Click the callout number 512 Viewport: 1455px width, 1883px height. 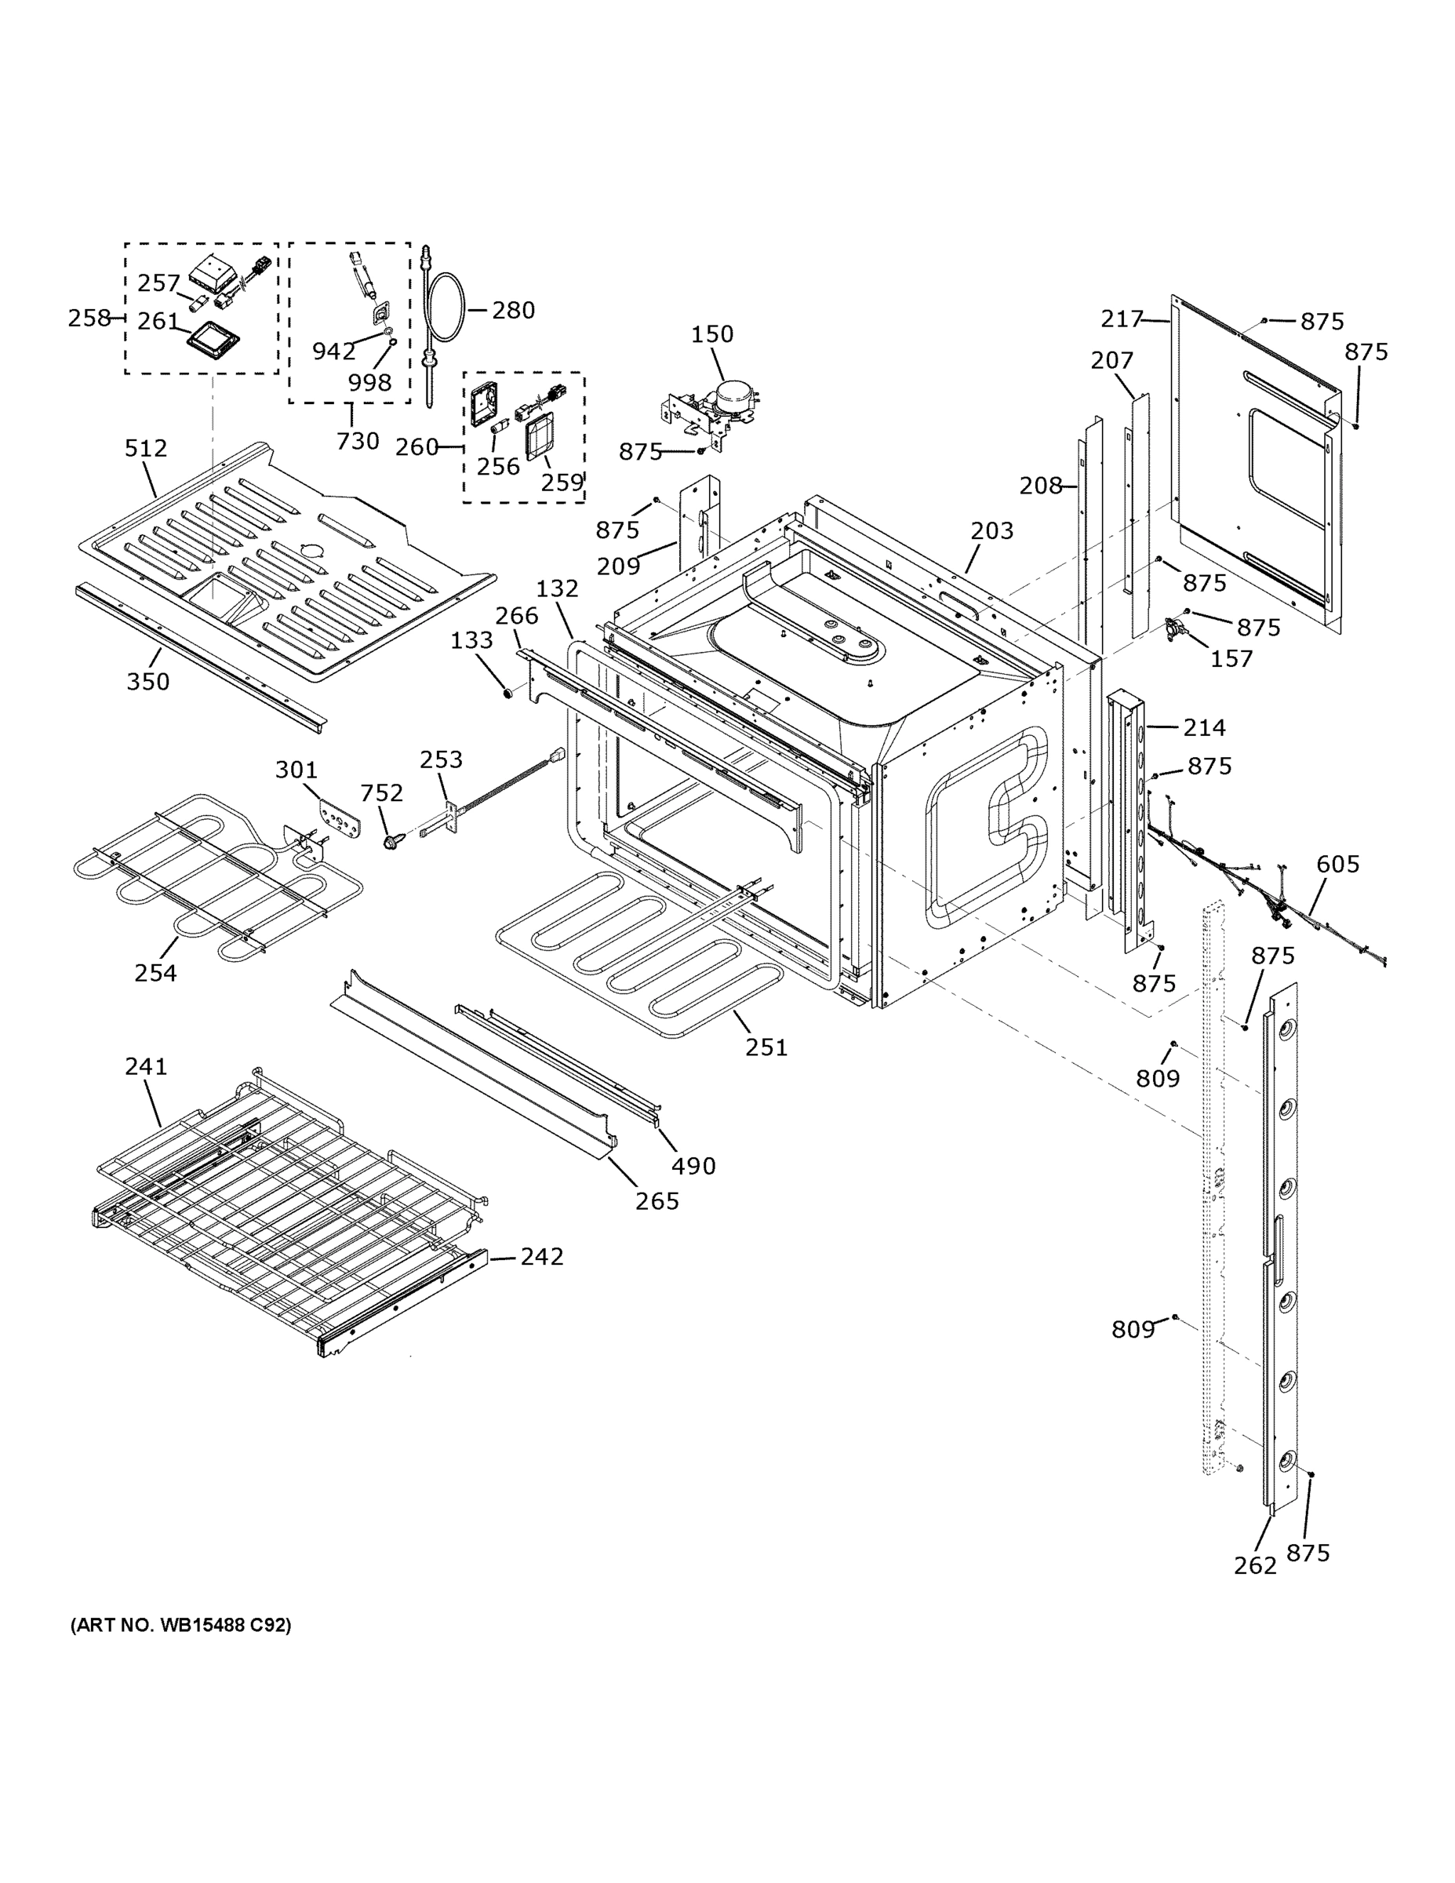(146, 447)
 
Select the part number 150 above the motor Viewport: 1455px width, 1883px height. (712, 333)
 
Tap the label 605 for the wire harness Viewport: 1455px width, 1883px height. (1338, 863)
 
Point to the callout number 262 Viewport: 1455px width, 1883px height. (1254, 1565)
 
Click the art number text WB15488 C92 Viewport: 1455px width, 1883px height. (180, 1624)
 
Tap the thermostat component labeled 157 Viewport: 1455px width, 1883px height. (1177, 627)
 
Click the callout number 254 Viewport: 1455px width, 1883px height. (155, 973)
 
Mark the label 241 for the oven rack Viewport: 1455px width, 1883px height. (146, 1065)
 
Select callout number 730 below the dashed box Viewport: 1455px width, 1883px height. (358, 441)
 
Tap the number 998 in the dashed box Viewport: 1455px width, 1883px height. (369, 382)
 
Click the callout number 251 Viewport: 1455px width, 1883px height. (766, 1047)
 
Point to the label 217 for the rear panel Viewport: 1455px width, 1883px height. (1122, 319)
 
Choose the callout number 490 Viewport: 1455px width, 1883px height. (693, 1166)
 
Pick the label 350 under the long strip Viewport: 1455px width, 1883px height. (148, 681)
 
